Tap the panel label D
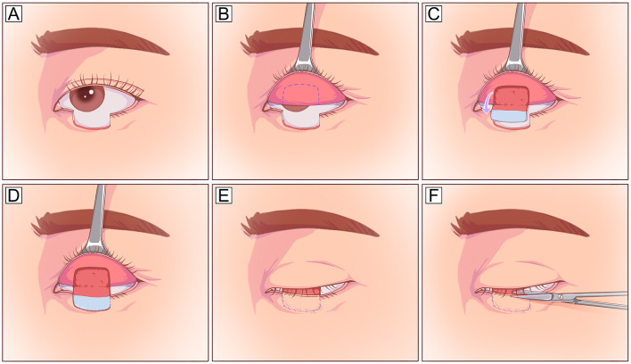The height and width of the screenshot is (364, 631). tap(14, 194)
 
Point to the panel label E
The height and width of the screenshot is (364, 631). tap(224, 194)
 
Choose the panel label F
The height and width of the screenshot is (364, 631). tap(434, 194)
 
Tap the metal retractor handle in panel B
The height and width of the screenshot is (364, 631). tap(305, 36)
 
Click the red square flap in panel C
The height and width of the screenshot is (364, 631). tap(512, 96)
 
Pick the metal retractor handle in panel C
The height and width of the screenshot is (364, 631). tap(514, 36)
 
